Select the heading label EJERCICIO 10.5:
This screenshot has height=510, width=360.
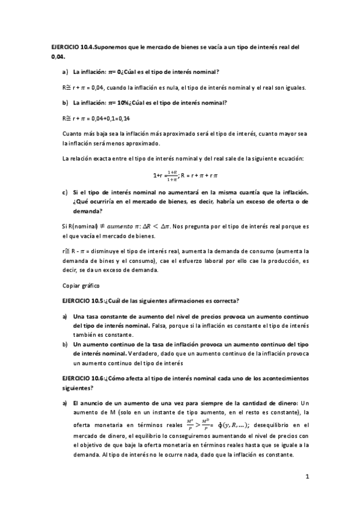tap(84, 300)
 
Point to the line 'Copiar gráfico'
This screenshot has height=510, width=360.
tap(80, 284)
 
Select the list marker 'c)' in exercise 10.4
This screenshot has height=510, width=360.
tap(64, 192)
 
